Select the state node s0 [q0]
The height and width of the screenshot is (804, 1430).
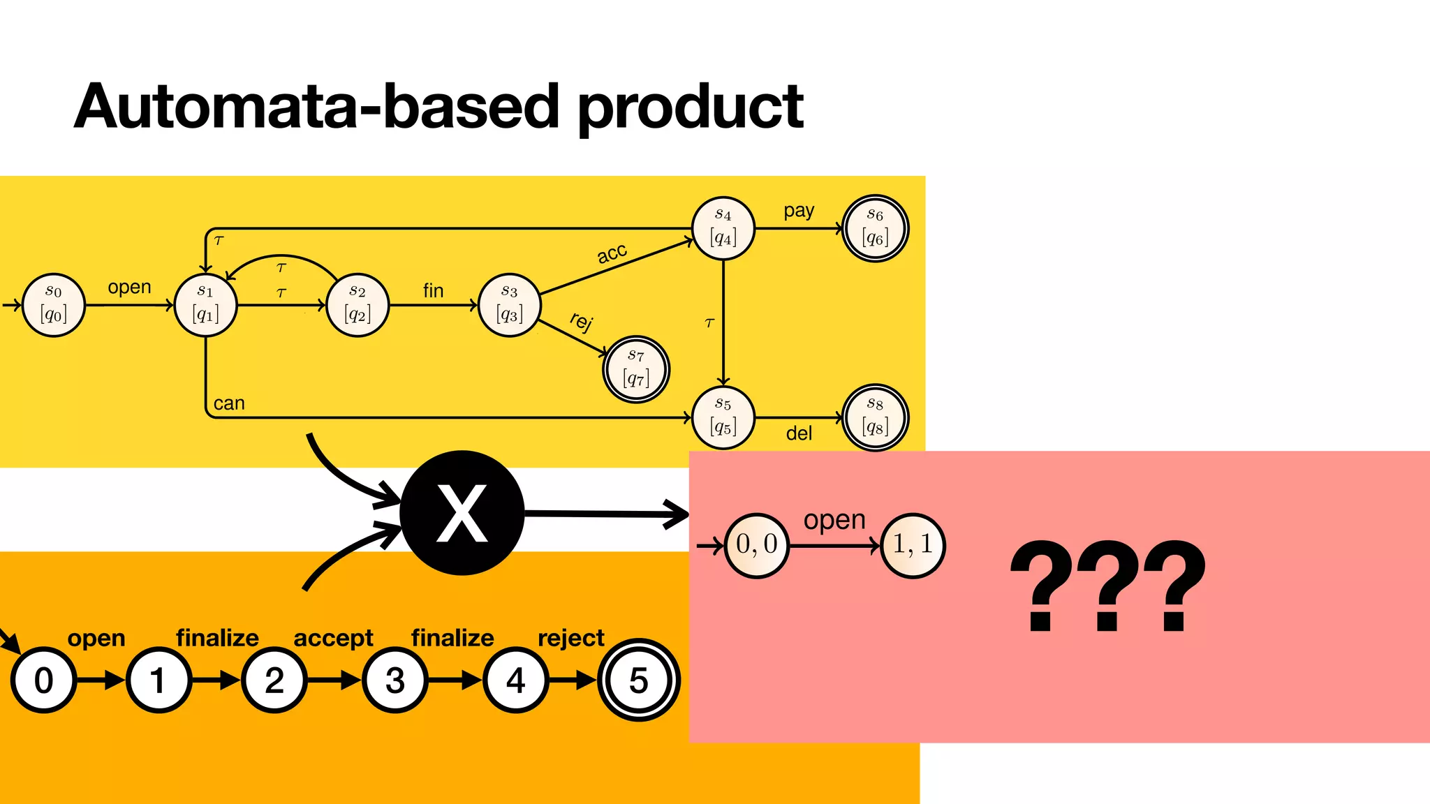[54, 305]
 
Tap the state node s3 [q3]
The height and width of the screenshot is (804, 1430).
[510, 305]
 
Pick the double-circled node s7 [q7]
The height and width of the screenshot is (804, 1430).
[636, 369]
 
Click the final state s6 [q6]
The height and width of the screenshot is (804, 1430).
[875, 228]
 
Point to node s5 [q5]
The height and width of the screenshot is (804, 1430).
[723, 417]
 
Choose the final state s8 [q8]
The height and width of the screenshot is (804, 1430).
[875, 417]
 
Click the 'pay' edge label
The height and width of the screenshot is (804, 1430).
[799, 211]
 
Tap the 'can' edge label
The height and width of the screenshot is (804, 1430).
[229, 403]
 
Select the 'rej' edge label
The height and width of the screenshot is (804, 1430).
[581, 321]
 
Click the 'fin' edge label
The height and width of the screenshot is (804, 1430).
[433, 290]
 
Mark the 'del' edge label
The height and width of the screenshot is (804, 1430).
[799, 434]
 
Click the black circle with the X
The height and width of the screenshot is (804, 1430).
[462, 513]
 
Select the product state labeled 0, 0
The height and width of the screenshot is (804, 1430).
[757, 545]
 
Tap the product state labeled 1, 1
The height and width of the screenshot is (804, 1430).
[913, 544]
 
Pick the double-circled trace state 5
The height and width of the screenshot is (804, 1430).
[638, 680]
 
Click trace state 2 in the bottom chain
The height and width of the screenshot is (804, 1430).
[274, 680]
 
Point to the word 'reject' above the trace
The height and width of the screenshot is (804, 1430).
[570, 638]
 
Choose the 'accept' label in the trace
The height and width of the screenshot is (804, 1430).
[333, 638]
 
